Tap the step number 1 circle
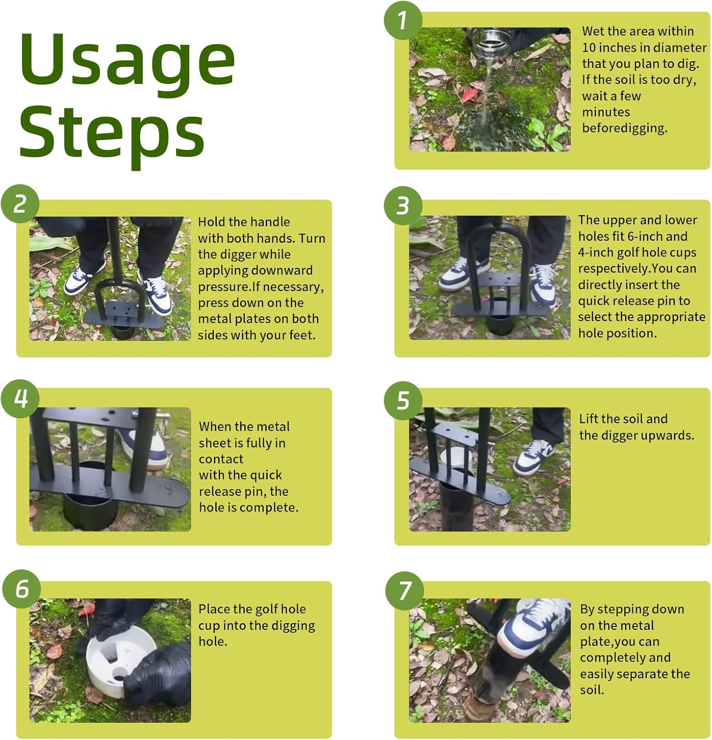point(403,20)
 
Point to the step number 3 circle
point(403,205)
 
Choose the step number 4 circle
point(20,399)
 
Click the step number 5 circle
point(403,400)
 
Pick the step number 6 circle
point(22,589)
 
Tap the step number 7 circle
point(404,591)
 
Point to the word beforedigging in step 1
point(625,128)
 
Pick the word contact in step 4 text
point(221,459)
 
